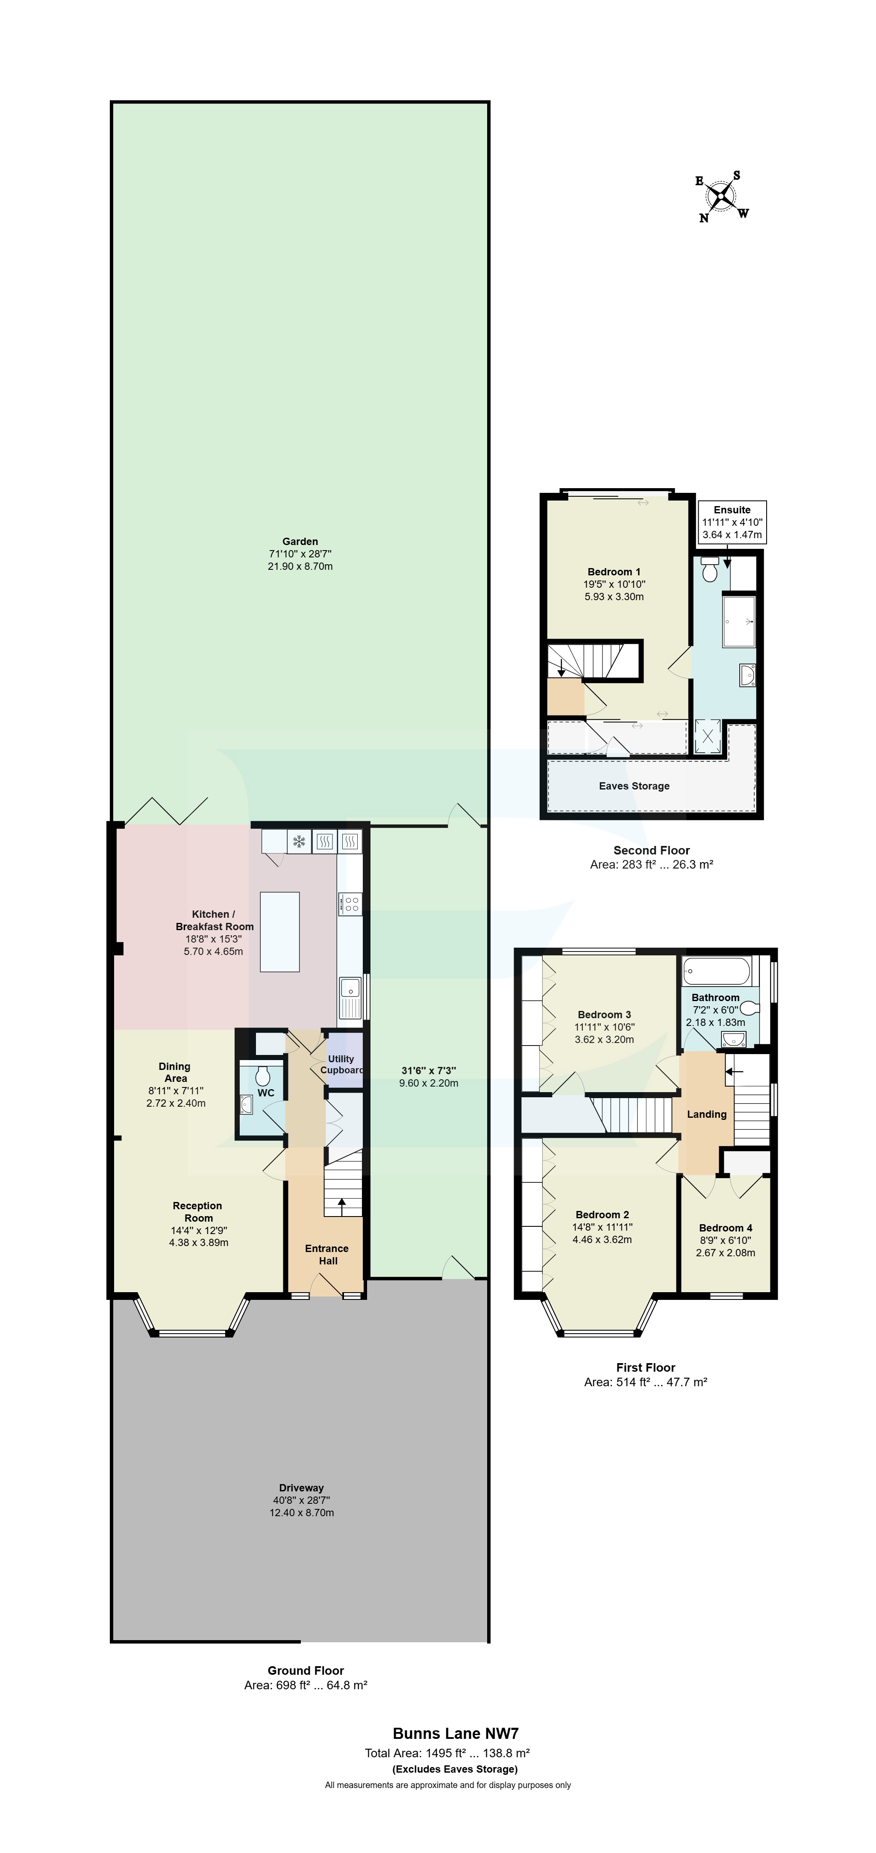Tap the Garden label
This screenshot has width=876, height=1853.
300,542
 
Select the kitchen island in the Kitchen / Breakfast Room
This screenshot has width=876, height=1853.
280,931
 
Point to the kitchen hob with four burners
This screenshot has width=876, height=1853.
350,904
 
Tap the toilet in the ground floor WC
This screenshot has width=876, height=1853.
262,1075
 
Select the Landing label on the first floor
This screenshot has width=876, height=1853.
706,1114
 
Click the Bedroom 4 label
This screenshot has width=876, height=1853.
725,1228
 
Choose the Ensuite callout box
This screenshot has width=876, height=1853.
732,521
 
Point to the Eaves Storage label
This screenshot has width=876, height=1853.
634,786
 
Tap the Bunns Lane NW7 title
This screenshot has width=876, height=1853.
455,1734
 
